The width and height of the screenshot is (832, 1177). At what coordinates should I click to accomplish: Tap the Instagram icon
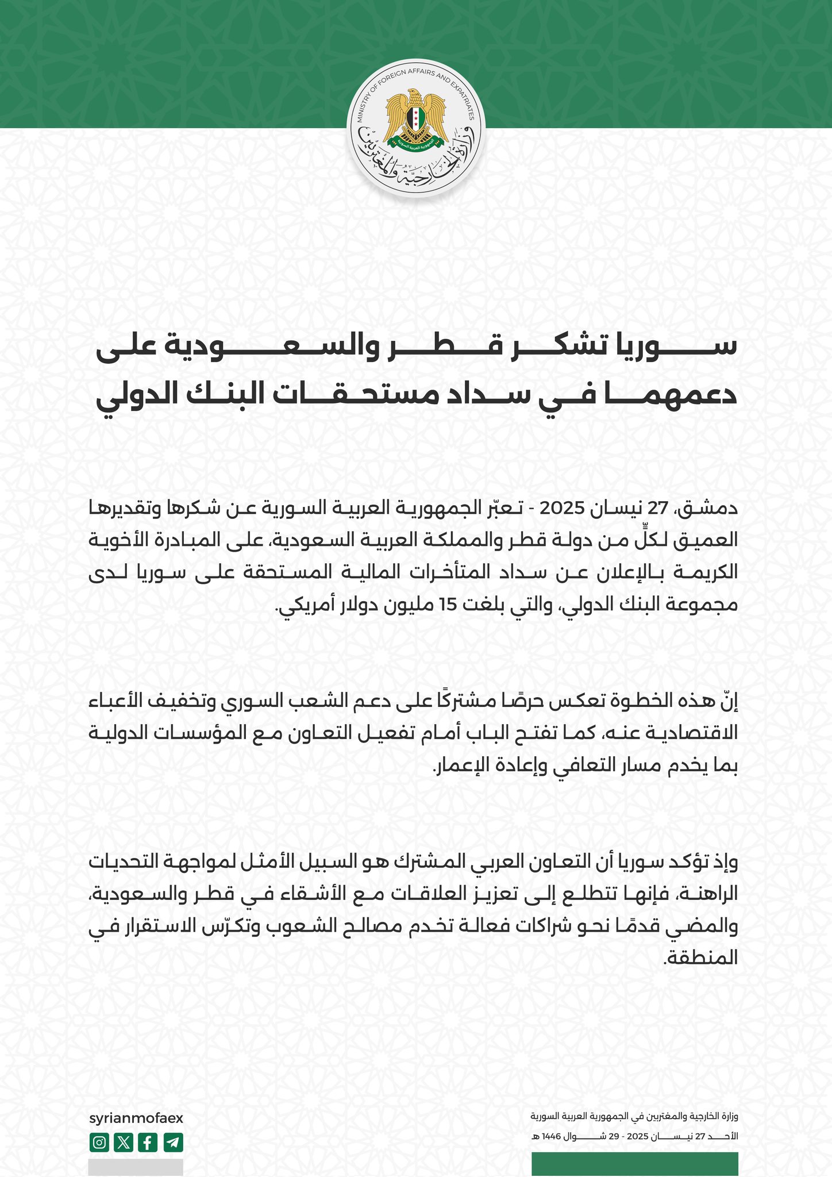click(x=99, y=1143)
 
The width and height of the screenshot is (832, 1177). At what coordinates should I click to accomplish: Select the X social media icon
click(x=124, y=1143)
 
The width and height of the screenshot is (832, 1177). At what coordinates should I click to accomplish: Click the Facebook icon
click(x=148, y=1143)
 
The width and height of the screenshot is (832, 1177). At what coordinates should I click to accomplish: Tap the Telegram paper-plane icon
click(x=173, y=1143)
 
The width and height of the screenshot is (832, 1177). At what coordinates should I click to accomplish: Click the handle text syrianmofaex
click(x=136, y=1118)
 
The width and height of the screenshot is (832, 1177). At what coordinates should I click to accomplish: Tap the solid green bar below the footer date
click(x=634, y=1164)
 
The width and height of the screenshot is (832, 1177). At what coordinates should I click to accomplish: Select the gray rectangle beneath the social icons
click(x=136, y=1167)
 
